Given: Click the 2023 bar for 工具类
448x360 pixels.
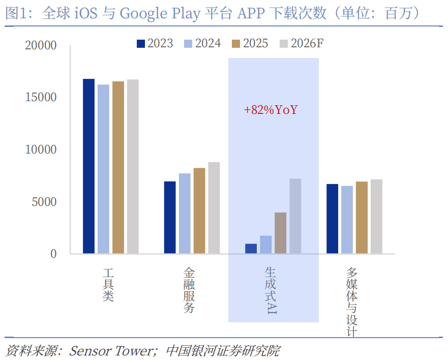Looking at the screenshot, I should (x=89, y=166).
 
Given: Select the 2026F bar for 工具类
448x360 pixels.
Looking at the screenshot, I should (x=133, y=166).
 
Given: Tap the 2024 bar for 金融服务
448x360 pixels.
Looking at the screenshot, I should (x=185, y=214).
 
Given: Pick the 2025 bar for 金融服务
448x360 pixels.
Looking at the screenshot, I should (x=199, y=211).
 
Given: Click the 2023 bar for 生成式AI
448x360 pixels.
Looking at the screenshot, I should (x=251, y=249).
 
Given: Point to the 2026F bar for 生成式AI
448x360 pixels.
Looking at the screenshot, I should (x=295, y=216).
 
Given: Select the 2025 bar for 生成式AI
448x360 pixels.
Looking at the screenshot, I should (x=281, y=233).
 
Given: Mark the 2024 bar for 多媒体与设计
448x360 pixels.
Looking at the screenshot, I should (x=347, y=220).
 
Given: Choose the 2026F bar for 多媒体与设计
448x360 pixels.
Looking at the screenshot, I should (x=376, y=216).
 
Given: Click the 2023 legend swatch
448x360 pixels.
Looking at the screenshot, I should (x=141, y=44).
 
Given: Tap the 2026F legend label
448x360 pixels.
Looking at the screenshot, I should (x=307, y=44).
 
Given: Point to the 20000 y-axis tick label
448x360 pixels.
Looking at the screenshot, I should (x=41, y=46).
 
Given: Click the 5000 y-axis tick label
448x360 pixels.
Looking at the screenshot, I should (x=44, y=202).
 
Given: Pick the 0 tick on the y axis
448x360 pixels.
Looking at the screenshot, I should (x=53, y=254).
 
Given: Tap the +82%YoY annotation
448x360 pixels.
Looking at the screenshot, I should (x=271, y=110).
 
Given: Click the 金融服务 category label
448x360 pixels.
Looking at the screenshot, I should (x=189, y=290).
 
